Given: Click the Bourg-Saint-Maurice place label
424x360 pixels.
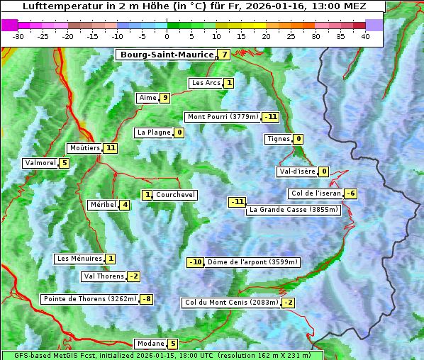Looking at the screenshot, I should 167,55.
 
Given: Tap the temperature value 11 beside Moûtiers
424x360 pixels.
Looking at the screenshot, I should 110,148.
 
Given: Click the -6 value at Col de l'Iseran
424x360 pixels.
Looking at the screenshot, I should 350,194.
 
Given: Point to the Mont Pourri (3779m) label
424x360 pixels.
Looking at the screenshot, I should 222,117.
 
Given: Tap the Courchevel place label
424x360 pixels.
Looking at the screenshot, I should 175,195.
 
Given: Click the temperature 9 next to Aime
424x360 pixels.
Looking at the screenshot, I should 164,98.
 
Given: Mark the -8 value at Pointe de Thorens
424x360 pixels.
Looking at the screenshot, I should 146,299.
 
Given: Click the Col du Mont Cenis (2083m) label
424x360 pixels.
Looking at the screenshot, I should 230,303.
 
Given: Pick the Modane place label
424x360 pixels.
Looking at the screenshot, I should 150,344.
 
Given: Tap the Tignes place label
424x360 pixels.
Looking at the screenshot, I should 279,139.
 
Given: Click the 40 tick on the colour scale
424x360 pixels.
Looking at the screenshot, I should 365,36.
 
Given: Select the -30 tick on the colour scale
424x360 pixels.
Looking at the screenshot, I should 18,36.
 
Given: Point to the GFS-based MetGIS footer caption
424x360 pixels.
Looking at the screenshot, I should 162,355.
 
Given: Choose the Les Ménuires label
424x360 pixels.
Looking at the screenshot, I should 79,259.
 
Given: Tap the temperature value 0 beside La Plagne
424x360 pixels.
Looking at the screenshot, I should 179,133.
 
